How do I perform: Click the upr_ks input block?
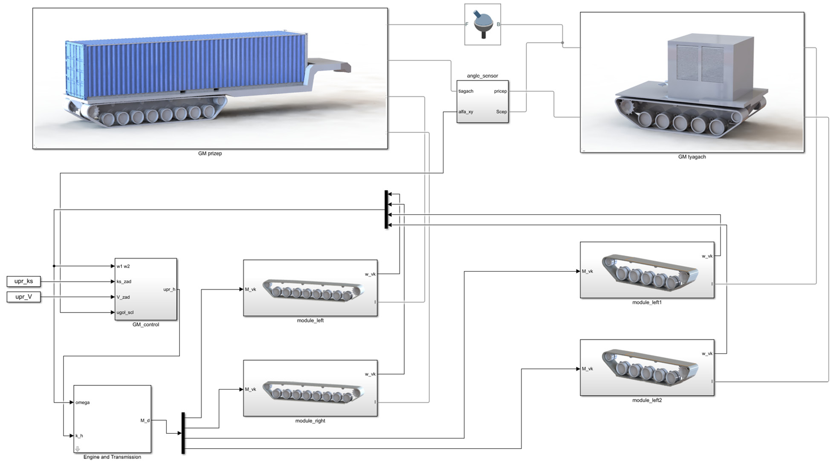pyautogui.click(x=24, y=281)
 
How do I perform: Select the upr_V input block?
pyautogui.click(x=24, y=297)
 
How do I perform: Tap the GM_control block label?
pyautogui.click(x=146, y=325)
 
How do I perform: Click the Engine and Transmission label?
pyautogui.click(x=112, y=457)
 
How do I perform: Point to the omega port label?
pyautogui.click(x=82, y=403)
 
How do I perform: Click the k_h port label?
pyautogui.click(x=79, y=436)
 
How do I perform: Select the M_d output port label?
pyautogui.click(x=145, y=421)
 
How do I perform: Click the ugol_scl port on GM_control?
pyautogui.click(x=125, y=313)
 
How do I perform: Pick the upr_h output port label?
pyautogui.click(x=169, y=290)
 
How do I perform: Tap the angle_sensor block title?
pyautogui.click(x=482, y=76)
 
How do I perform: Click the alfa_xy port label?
pyautogui.click(x=466, y=112)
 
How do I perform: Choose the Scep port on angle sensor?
pyautogui.click(x=501, y=112)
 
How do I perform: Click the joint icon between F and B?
pyautogui.click(x=483, y=25)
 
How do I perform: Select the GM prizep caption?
pyautogui.click(x=210, y=154)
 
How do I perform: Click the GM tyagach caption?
pyautogui.click(x=692, y=157)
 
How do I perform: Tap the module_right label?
pyautogui.click(x=310, y=421)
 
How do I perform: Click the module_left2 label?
pyautogui.click(x=647, y=400)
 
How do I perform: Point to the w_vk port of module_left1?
pyautogui.click(x=707, y=256)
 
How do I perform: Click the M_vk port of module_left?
pyautogui.click(x=250, y=290)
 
